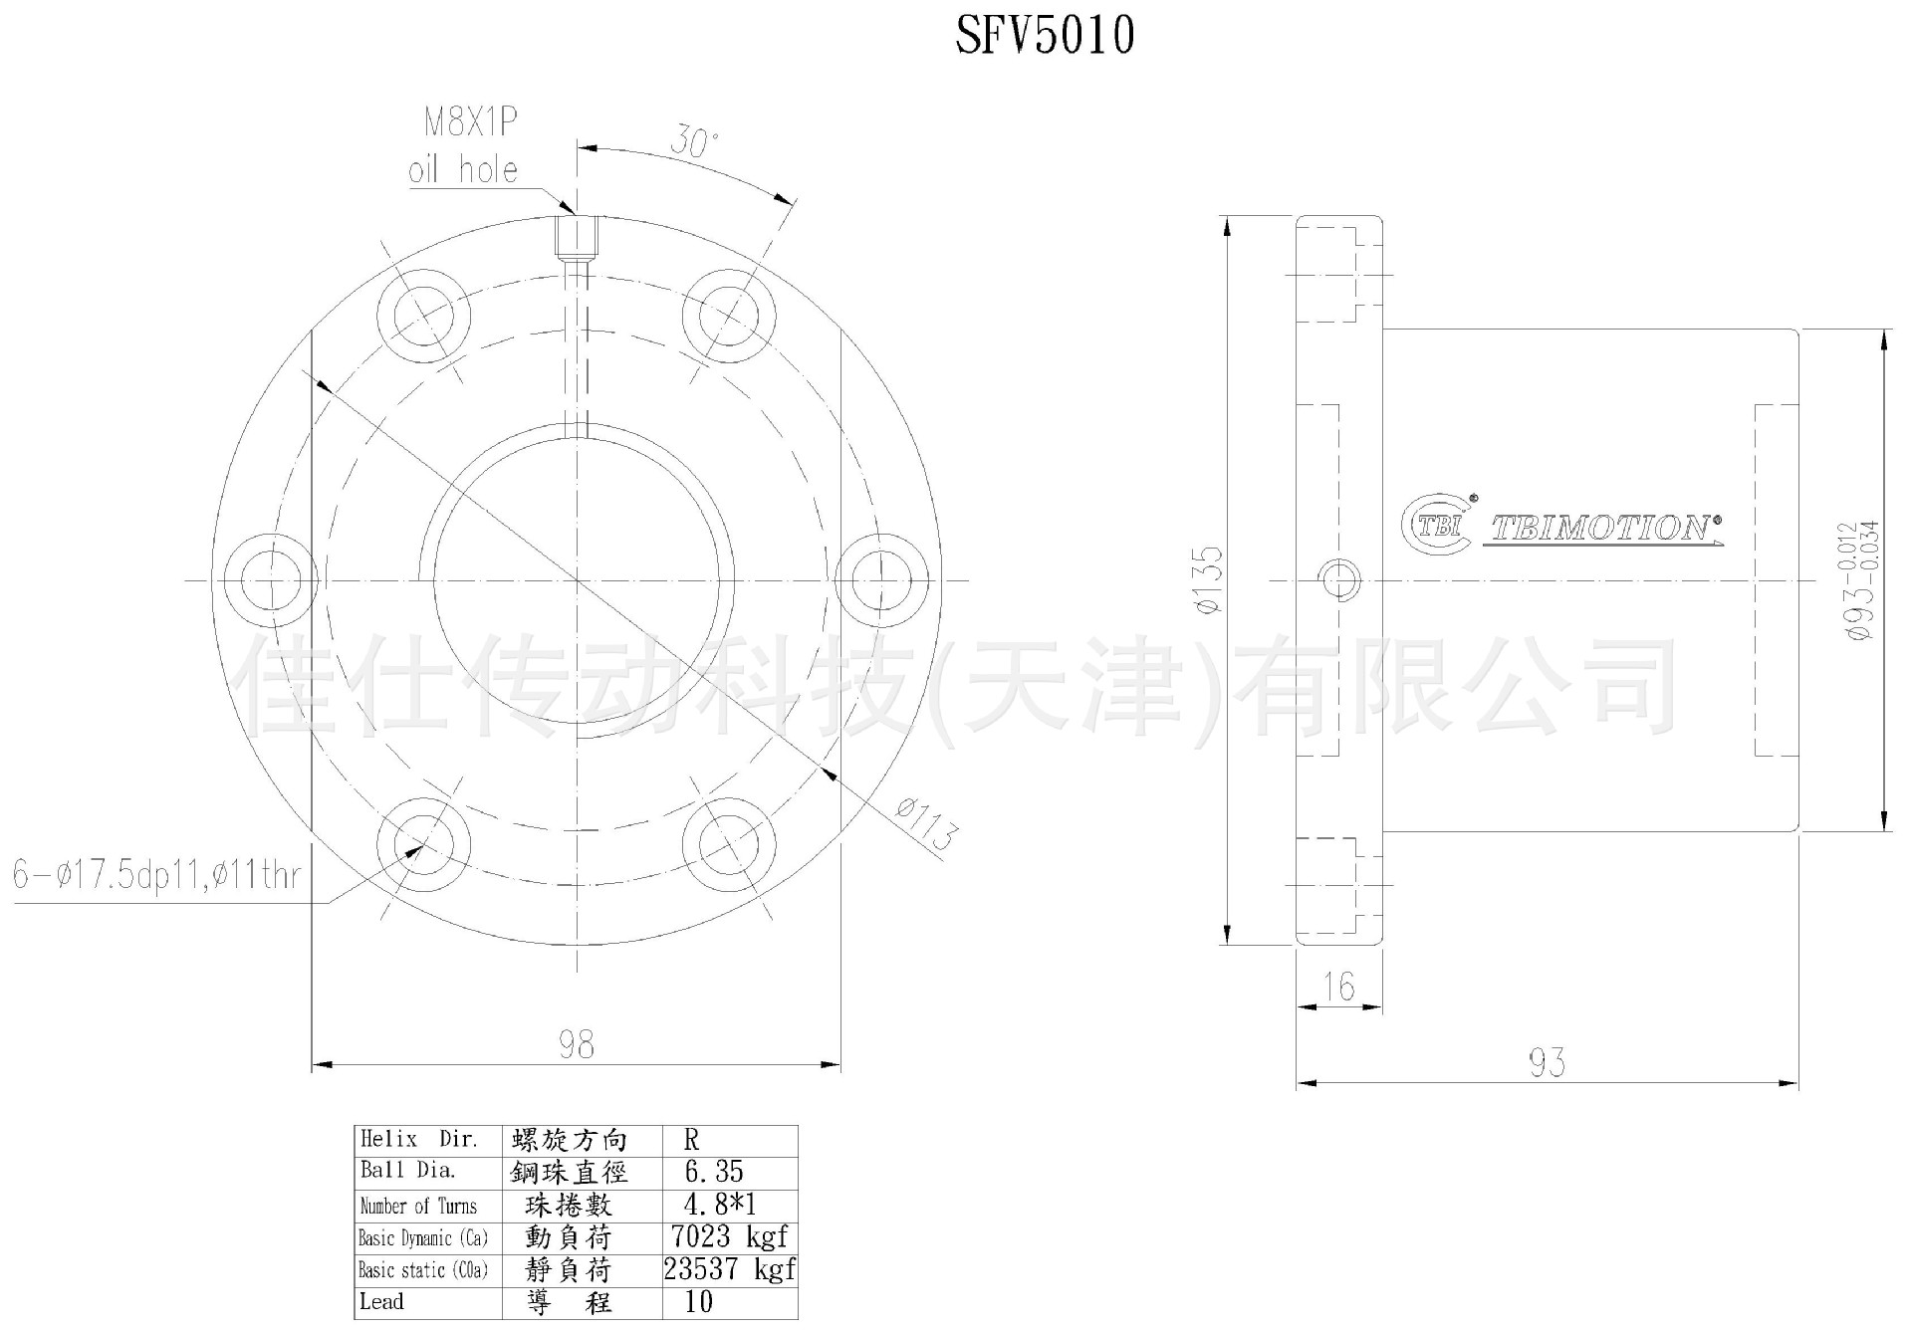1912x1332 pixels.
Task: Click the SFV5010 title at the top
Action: click(x=1044, y=37)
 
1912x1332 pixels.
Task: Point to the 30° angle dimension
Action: click(x=693, y=141)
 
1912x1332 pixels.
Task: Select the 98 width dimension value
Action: click(x=576, y=1044)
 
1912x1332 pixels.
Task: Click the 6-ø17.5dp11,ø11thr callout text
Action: click(x=156, y=875)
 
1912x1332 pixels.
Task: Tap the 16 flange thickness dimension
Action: click(x=1339, y=987)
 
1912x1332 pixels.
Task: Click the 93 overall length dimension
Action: click(x=1547, y=1063)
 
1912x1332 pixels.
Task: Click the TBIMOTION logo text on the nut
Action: click(x=1601, y=528)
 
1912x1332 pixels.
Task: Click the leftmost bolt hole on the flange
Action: click(x=270, y=580)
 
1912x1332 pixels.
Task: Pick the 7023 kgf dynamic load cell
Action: click(x=729, y=1237)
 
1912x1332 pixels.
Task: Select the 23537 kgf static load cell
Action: click(x=729, y=1269)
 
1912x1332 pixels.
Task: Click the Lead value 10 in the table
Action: click(x=699, y=1302)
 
